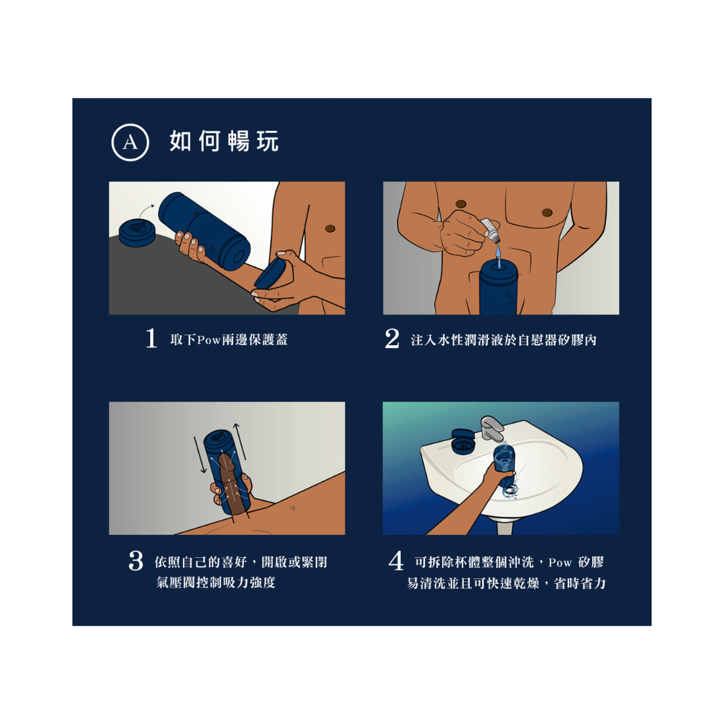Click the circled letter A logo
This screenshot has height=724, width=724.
click(130, 142)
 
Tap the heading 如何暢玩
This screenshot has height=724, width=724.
click(224, 141)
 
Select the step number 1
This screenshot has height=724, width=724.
click(151, 339)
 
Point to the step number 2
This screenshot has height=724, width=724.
click(392, 339)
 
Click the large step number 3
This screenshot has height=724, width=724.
click(135, 561)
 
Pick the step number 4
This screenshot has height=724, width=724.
click(396, 561)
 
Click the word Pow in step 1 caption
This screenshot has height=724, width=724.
click(209, 340)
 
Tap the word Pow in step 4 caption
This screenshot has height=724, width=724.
click(560, 562)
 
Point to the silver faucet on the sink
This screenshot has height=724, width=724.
click(492, 428)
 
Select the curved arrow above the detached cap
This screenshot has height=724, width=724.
click(146, 210)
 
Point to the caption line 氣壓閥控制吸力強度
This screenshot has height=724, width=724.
click(216, 583)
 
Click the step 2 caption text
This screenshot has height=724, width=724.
click(503, 341)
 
